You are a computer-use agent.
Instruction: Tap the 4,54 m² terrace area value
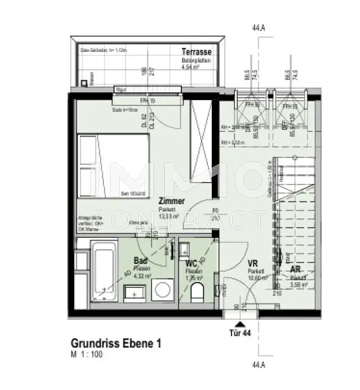pos(193,66)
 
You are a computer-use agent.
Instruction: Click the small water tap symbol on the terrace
pos(85,83)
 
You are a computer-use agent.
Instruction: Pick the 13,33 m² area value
pos(171,216)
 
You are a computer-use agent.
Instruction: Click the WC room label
pos(192,264)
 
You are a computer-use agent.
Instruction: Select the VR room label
pos(253,264)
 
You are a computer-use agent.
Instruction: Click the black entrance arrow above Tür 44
pos(240,323)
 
